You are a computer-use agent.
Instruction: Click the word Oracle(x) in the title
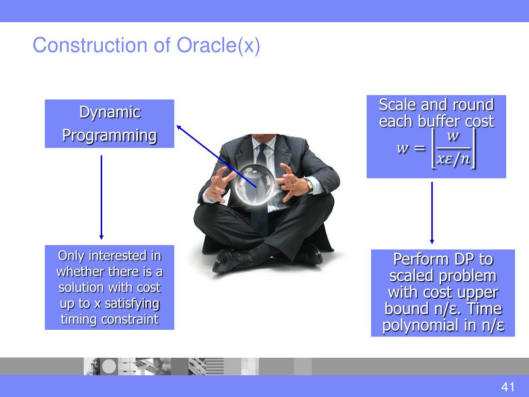219,45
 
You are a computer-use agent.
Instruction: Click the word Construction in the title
90,45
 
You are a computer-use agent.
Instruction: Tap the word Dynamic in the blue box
110,112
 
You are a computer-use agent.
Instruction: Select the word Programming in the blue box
110,136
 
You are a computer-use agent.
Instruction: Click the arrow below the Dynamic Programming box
101,197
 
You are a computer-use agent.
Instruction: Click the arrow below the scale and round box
432,212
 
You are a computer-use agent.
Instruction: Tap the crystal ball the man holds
254,185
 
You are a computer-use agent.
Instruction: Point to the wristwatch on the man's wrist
309,185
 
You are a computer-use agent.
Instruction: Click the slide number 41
508,387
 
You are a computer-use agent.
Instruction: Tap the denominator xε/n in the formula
453,158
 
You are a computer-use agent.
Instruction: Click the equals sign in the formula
419,148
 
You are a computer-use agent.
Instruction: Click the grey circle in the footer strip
109,367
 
